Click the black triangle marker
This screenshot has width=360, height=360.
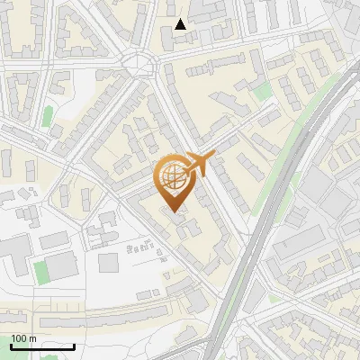click(181, 24)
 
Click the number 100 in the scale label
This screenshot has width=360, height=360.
click(20, 338)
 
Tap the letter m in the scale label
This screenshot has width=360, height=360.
click(32, 338)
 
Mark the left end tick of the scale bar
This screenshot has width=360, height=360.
click(11, 346)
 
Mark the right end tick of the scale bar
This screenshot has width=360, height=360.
click(74, 346)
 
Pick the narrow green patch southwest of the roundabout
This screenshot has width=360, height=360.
click(47, 116)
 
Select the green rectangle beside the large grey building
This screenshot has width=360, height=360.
click(40, 269)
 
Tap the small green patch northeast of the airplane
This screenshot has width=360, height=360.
click(262, 92)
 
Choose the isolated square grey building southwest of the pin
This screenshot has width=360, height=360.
click(108, 263)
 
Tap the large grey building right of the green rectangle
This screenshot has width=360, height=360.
click(62, 266)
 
